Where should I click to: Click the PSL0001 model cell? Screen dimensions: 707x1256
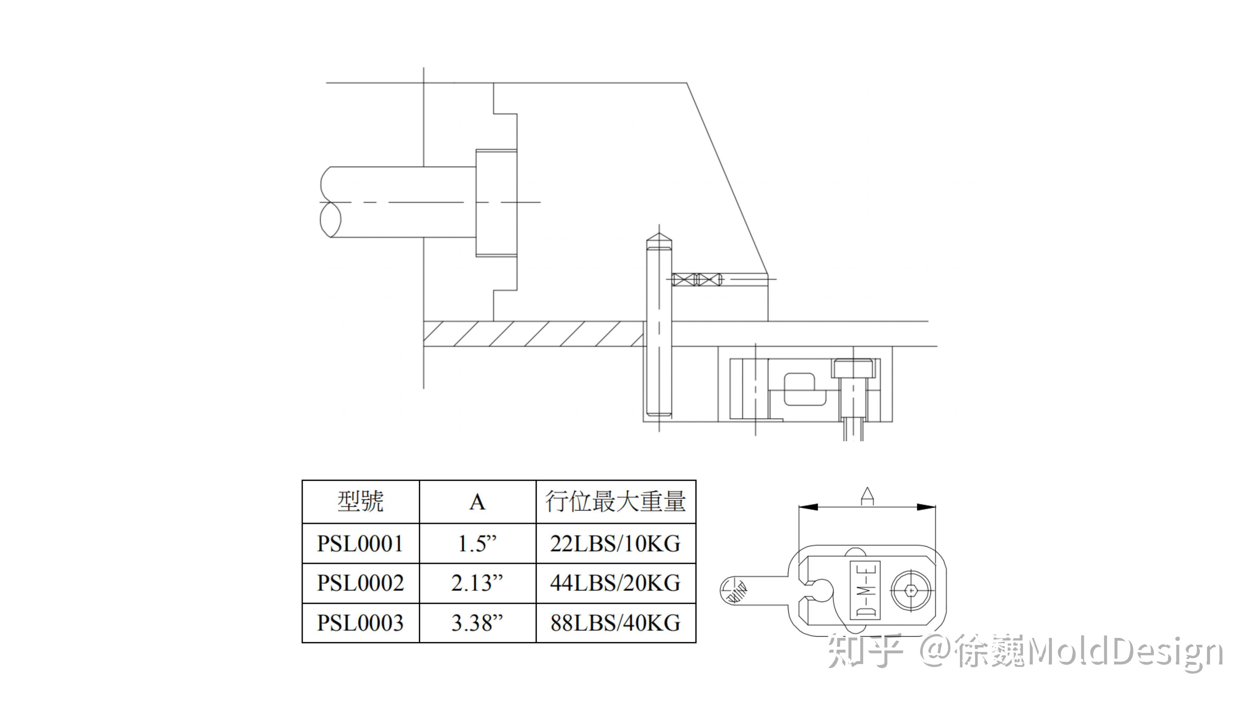[x=360, y=543]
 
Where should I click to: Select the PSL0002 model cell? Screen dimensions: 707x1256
[x=360, y=583]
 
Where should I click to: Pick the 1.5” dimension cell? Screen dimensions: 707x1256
[x=477, y=543]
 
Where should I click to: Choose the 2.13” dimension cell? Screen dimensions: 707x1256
[x=477, y=583]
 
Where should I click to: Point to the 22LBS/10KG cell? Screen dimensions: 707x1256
[x=615, y=543]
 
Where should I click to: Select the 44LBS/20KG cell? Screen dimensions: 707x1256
[x=615, y=583]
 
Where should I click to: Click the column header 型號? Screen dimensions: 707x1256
[x=360, y=501]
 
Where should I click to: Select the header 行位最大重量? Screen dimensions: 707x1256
[x=615, y=501]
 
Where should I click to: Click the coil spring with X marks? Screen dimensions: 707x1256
[x=696, y=280]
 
